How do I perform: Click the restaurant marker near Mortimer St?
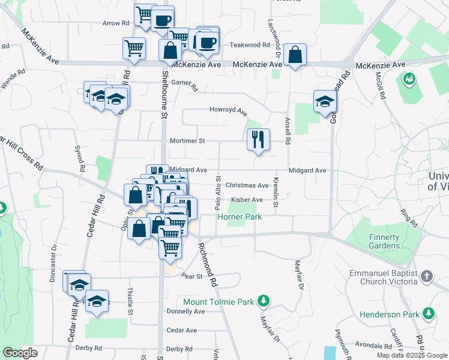pos(258,140)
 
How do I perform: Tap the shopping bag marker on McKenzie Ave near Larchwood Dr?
pos(295,55)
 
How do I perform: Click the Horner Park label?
pos(240,217)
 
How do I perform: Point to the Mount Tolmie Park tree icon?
pos(263,301)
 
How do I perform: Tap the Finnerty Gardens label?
pos(384,241)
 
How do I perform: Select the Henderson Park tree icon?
pos(429,314)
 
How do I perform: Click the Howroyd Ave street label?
pos(228,110)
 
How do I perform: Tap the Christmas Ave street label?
pos(247,185)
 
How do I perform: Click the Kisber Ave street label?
pos(247,200)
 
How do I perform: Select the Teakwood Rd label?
pos(250,45)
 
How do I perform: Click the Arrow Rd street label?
pos(116,23)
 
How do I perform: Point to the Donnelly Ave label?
pos(185,311)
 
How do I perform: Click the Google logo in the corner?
pos(20,353)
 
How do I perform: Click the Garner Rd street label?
pos(184,84)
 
